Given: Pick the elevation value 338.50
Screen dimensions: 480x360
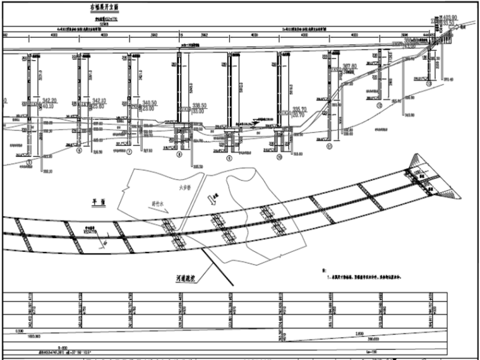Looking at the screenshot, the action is [201, 105].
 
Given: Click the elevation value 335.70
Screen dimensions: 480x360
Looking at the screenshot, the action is [300, 109].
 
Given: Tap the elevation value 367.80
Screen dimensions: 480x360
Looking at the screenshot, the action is [349, 66].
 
